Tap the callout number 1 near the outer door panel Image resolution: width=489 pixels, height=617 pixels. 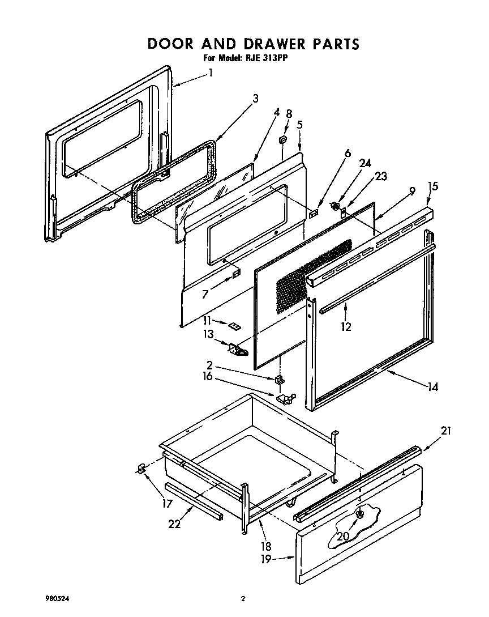[x=211, y=73]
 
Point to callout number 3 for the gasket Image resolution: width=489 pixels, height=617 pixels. [x=255, y=99]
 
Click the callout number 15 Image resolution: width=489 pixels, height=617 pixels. [x=433, y=186]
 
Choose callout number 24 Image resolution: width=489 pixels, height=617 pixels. [x=365, y=163]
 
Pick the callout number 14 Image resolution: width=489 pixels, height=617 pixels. [x=433, y=388]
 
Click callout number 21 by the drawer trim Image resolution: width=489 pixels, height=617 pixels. [x=446, y=431]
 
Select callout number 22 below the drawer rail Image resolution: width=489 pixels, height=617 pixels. [x=174, y=524]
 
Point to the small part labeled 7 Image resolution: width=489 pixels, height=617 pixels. [x=235, y=275]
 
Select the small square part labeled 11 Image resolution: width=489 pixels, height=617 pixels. [x=233, y=325]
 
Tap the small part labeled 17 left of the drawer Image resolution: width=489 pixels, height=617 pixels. [x=142, y=467]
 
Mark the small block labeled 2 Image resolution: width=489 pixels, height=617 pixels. [x=278, y=379]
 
